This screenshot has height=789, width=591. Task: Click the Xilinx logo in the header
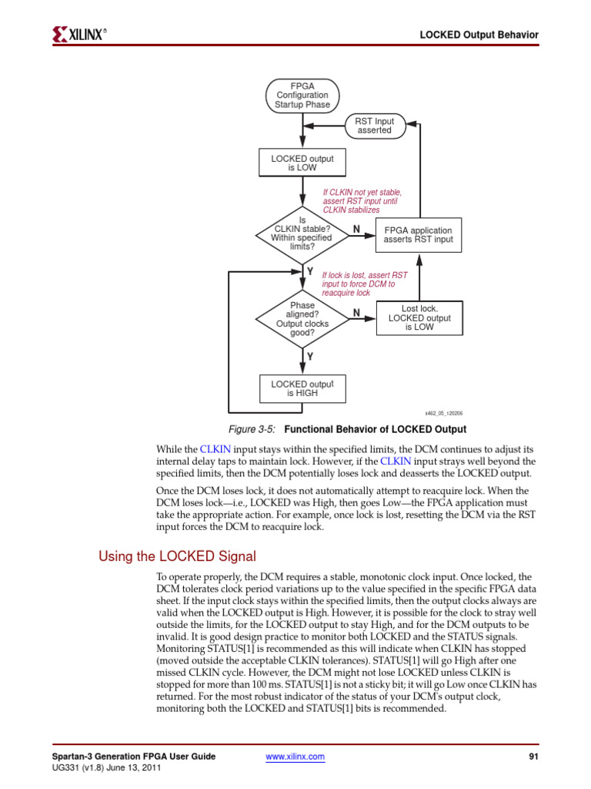coord(79,34)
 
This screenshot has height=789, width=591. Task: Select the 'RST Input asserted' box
coord(374,126)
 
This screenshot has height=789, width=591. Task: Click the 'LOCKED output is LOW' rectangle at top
coord(302,163)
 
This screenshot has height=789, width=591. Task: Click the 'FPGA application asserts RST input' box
coord(419,235)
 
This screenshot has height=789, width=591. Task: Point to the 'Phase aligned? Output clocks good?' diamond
coord(302,319)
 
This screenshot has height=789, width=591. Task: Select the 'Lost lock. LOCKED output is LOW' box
coord(419,317)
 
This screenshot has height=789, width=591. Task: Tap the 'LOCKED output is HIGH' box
coord(302,388)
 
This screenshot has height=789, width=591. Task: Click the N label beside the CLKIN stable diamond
coord(356,229)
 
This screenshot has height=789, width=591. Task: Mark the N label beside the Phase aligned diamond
coord(356,312)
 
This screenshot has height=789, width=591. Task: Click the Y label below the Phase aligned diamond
coord(310,357)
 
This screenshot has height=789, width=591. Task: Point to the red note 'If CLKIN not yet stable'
coord(362,201)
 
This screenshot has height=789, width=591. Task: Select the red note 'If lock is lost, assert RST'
coord(365,284)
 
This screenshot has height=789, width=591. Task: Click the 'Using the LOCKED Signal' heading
coord(177,556)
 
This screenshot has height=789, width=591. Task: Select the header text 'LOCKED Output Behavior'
coord(478,35)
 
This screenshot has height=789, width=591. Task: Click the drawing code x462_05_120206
coord(444,413)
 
